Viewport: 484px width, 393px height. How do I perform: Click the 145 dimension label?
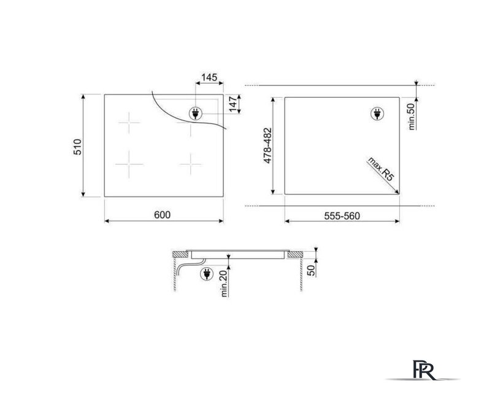pos(209,77)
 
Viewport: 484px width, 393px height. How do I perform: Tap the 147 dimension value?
pos(234,104)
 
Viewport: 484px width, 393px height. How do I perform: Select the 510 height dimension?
pos(77,147)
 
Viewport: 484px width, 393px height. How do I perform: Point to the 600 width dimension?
pos(162,215)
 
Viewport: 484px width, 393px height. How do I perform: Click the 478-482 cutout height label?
pos(267,146)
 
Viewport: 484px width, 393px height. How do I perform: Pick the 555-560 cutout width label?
pos(342,216)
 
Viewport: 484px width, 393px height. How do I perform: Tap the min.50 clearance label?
pos(411,117)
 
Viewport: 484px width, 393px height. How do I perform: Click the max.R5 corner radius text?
pos(381,169)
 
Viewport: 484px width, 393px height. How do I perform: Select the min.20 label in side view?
pos(225,282)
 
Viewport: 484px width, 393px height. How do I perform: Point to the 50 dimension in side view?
pos(312,270)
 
